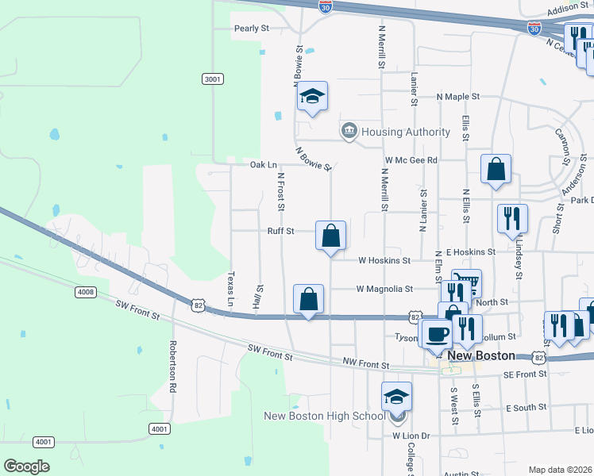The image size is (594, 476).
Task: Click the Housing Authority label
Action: [406, 132]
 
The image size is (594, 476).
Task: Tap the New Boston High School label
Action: [324, 416]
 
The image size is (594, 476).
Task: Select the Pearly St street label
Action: [252, 28]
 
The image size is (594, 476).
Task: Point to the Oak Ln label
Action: [263, 165]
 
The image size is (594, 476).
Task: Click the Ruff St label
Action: [280, 231]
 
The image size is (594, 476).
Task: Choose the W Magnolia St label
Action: [385, 289]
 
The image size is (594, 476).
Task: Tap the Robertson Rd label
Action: [172, 368]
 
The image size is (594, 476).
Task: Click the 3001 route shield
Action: [212, 79]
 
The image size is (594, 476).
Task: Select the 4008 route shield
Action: [86, 292]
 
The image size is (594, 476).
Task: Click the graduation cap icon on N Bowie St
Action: [313, 97]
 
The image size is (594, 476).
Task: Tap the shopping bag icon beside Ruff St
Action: [330, 236]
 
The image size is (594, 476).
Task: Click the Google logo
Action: [26, 466]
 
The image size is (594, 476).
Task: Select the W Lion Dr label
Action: [411, 436]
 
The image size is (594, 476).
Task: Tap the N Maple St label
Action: [459, 96]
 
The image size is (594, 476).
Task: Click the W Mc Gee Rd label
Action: [411, 160]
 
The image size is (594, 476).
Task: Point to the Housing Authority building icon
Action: [349, 131]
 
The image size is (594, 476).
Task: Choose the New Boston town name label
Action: [481, 355]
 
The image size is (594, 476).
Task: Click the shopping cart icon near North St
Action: [466, 283]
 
